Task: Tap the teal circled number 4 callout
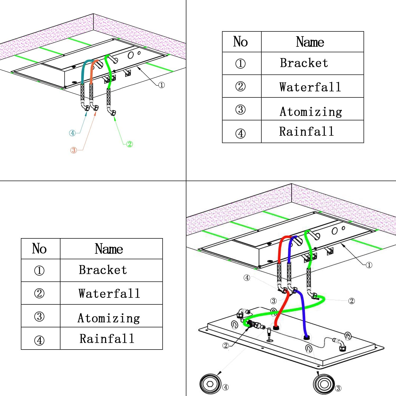(72, 133)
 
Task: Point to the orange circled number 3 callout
(74, 150)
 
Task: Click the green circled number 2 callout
(129, 144)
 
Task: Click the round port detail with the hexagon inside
(210, 384)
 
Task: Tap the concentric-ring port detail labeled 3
(324, 384)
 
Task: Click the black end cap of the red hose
(276, 328)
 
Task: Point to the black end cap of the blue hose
(306, 337)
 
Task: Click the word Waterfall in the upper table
(310, 87)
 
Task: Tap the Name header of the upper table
(310, 42)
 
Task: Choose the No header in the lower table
(39, 248)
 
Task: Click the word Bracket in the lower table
(103, 270)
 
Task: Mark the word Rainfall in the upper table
(307, 131)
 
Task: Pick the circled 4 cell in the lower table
(39, 340)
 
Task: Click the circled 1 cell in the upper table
(240, 63)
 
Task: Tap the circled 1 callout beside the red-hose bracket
(369, 265)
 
